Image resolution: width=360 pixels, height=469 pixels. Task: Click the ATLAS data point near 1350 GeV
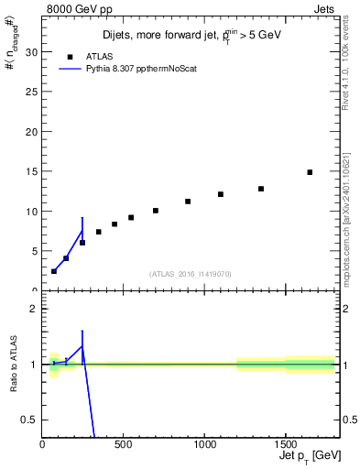coord(261,189)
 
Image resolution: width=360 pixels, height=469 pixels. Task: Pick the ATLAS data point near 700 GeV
coord(156,211)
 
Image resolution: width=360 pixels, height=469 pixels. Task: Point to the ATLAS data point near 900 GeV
coord(188,202)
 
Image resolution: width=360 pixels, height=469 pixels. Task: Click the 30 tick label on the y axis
coord(30,52)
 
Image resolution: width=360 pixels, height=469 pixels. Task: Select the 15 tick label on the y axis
coord(30,171)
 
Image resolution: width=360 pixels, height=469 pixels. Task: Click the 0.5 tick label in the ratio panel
coord(28,420)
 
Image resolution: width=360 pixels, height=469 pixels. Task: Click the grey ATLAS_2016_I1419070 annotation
coord(191,273)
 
